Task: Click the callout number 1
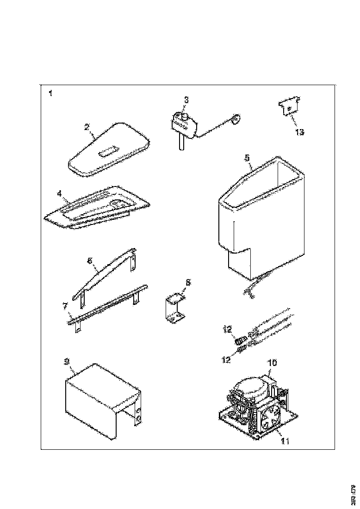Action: pos(50,93)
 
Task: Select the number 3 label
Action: pos(186,99)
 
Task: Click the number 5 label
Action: pos(247,158)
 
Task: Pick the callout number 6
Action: pos(91,261)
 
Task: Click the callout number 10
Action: pos(273,363)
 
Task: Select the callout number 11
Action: pos(285,441)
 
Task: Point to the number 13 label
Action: pos(299,132)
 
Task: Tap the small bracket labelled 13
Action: pos(288,108)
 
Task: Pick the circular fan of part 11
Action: pos(269,418)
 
